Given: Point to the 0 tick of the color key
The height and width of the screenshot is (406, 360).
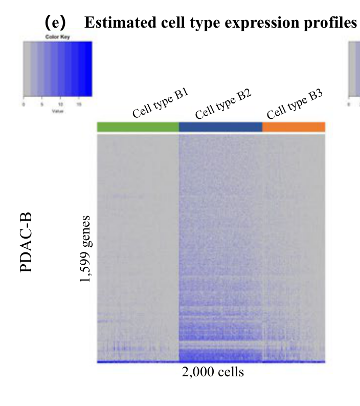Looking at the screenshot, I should [24, 104].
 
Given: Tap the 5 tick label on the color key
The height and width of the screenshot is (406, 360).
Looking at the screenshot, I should [42, 104].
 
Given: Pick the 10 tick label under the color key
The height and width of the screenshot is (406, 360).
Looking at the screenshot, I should [60, 104].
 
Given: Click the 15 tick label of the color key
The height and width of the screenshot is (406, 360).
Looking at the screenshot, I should [79, 104].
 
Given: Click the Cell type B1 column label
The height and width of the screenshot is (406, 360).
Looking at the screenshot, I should [161, 103].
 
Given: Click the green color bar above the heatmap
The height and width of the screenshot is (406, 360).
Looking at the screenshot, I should [138, 127].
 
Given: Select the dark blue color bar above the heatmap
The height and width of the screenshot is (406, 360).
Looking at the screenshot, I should [220, 127].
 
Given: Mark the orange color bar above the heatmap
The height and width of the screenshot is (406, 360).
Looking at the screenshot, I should [294, 127].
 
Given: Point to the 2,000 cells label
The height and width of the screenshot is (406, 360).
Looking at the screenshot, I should [213, 372].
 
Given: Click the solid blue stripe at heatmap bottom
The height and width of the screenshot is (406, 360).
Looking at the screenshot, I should [211, 362].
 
